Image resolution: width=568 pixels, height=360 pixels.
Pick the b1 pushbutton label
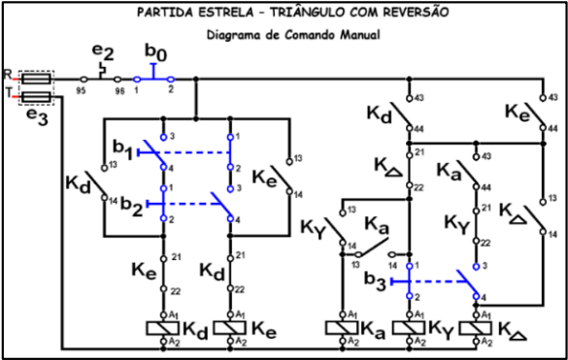click(x=122, y=147)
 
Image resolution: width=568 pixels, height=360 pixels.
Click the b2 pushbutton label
click(x=133, y=207)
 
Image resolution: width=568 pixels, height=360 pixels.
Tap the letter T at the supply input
click(x=8, y=94)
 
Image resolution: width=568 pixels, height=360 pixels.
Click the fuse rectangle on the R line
click(x=37, y=78)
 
